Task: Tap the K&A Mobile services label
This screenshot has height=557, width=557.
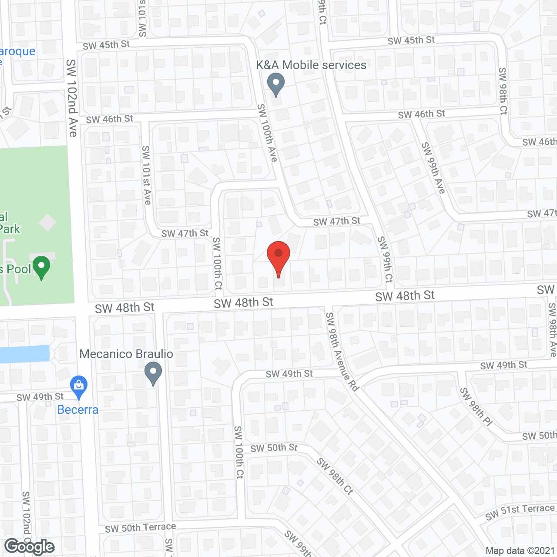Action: tap(311, 65)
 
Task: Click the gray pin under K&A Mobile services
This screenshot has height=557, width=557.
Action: tap(275, 84)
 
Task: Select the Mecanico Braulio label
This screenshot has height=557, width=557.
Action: tap(126, 354)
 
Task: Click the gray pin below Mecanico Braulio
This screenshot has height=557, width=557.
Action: tap(153, 374)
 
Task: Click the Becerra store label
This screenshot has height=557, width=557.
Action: tap(78, 410)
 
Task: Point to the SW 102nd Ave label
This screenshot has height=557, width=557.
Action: tap(72, 98)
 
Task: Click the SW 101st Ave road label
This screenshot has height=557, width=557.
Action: tap(146, 175)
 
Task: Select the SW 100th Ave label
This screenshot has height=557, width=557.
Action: tap(267, 133)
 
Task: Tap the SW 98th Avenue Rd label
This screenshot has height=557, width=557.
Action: tap(342, 352)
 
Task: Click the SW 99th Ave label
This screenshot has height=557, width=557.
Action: tap(433, 168)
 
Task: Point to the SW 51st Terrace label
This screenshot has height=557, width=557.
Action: tap(520, 512)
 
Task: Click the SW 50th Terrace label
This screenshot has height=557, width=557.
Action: tap(140, 528)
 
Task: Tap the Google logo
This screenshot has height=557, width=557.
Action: tap(30, 547)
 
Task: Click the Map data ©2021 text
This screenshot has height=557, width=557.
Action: tap(520, 551)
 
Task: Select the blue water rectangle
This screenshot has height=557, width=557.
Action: tap(24, 354)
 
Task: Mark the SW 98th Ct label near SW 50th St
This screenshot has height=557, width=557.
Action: tap(334, 476)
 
